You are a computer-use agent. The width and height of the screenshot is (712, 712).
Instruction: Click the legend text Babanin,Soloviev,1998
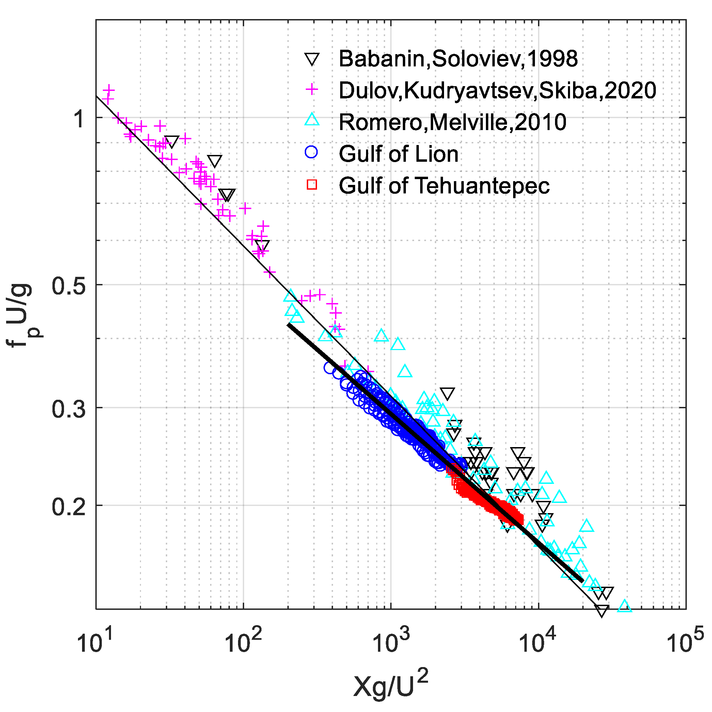(458, 59)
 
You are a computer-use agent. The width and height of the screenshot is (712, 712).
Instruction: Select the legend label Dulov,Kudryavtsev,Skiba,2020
(497, 91)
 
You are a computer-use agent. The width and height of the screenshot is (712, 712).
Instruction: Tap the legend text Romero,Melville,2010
(452, 122)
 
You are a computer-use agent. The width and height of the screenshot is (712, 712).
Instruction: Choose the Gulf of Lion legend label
(398, 154)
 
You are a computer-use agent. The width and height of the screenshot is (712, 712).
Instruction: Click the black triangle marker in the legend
(312, 59)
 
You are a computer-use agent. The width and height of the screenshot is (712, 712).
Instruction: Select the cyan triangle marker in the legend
(312, 120)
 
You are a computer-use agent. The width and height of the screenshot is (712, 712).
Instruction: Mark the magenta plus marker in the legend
(312, 89)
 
